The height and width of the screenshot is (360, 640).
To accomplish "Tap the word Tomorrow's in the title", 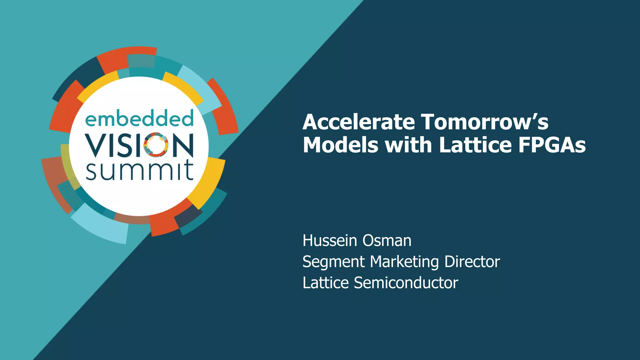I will (484, 122).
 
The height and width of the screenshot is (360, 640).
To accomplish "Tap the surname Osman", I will (387, 241).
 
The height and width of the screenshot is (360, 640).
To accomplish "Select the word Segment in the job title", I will (333, 262).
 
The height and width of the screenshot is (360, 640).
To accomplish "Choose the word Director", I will (472, 262).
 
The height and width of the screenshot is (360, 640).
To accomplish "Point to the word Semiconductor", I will (406, 283).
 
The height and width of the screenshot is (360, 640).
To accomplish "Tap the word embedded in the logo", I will (139, 119).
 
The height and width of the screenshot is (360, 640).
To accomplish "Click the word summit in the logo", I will (139, 170).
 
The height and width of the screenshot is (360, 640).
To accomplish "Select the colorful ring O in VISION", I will (156, 145).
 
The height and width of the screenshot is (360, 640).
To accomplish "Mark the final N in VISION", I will (182, 145).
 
